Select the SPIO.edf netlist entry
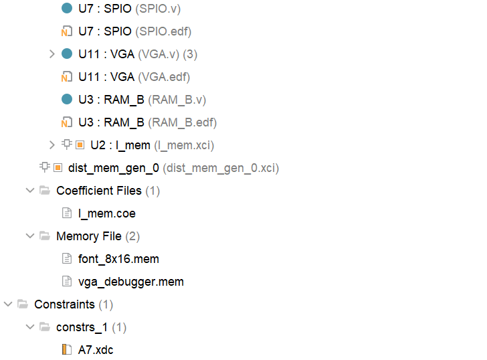click(134, 31)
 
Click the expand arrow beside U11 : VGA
click(52, 54)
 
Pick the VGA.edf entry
click(134, 77)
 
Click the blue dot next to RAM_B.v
click(66, 100)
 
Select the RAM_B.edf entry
click(147, 122)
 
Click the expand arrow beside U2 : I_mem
click(52, 145)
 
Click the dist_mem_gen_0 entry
click(114, 168)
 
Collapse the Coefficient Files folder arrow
click(29, 191)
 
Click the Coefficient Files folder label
click(99, 191)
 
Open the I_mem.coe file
click(107, 213)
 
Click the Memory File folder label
click(89, 236)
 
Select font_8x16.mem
click(118, 259)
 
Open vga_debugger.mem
click(130, 282)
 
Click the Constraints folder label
click(64, 304)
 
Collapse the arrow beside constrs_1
click(29, 327)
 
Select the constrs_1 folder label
click(82, 327)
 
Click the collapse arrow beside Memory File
click(29, 236)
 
